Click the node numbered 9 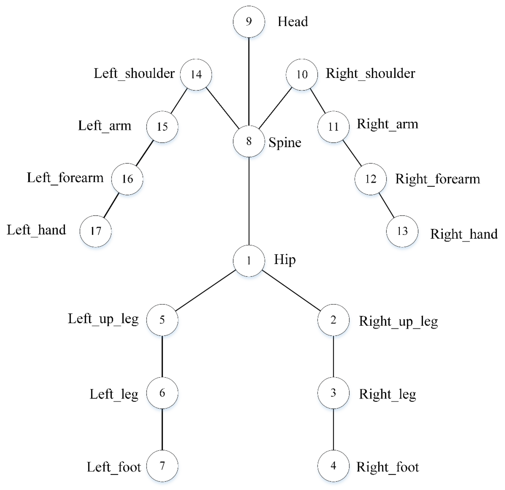coord(249,22)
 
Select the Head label coord(293,22)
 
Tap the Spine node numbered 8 coord(249,141)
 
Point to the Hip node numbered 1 coord(249,261)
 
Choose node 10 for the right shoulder coord(302,74)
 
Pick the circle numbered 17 coord(96,231)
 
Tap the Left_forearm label coord(65,178)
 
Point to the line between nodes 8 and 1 coord(249,201)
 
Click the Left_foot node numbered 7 coord(162,466)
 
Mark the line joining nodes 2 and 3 coord(333,356)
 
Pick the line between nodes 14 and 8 coord(222,108)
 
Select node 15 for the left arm coord(162,127)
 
